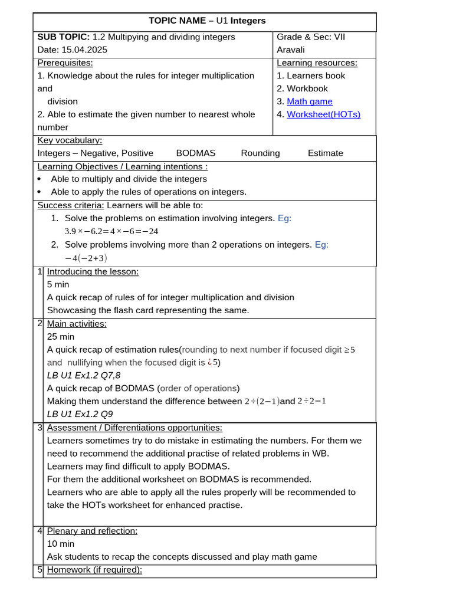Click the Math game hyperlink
coord(309,101)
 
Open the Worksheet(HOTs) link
coord(323,114)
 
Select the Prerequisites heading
coord(65,63)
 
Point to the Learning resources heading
coord(317,63)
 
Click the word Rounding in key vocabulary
coord(260,153)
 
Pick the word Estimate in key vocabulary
coord(325,153)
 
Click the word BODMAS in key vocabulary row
coord(196,153)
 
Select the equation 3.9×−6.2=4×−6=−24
coord(111,231)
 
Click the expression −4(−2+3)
coord(86,258)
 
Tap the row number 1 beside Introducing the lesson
coord(40,271)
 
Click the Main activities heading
coord(77,323)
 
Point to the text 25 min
coord(61,336)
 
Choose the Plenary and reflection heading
coord(92,531)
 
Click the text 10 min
coord(61,544)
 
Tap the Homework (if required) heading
coord(94,570)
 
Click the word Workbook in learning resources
coord(307,88)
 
